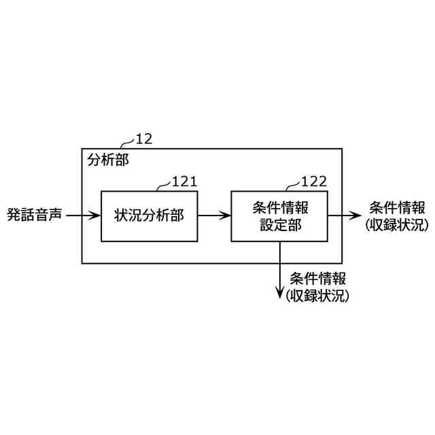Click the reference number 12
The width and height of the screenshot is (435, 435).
point(144,139)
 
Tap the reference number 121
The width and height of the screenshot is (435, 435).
point(184,181)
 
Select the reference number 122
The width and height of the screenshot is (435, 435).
point(313,181)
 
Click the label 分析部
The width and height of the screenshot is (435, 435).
point(107,161)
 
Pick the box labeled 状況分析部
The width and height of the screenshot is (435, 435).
point(149,216)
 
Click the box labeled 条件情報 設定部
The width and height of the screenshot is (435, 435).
point(279,216)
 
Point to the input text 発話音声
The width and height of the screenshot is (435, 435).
point(34,216)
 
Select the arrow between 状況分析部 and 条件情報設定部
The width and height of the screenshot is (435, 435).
point(214,216)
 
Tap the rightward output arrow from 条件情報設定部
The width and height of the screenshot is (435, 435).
point(344,216)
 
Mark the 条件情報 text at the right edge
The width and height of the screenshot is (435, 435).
point(397,208)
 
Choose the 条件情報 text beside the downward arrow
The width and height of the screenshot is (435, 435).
point(317,279)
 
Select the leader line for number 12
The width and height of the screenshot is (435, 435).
point(127,143)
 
